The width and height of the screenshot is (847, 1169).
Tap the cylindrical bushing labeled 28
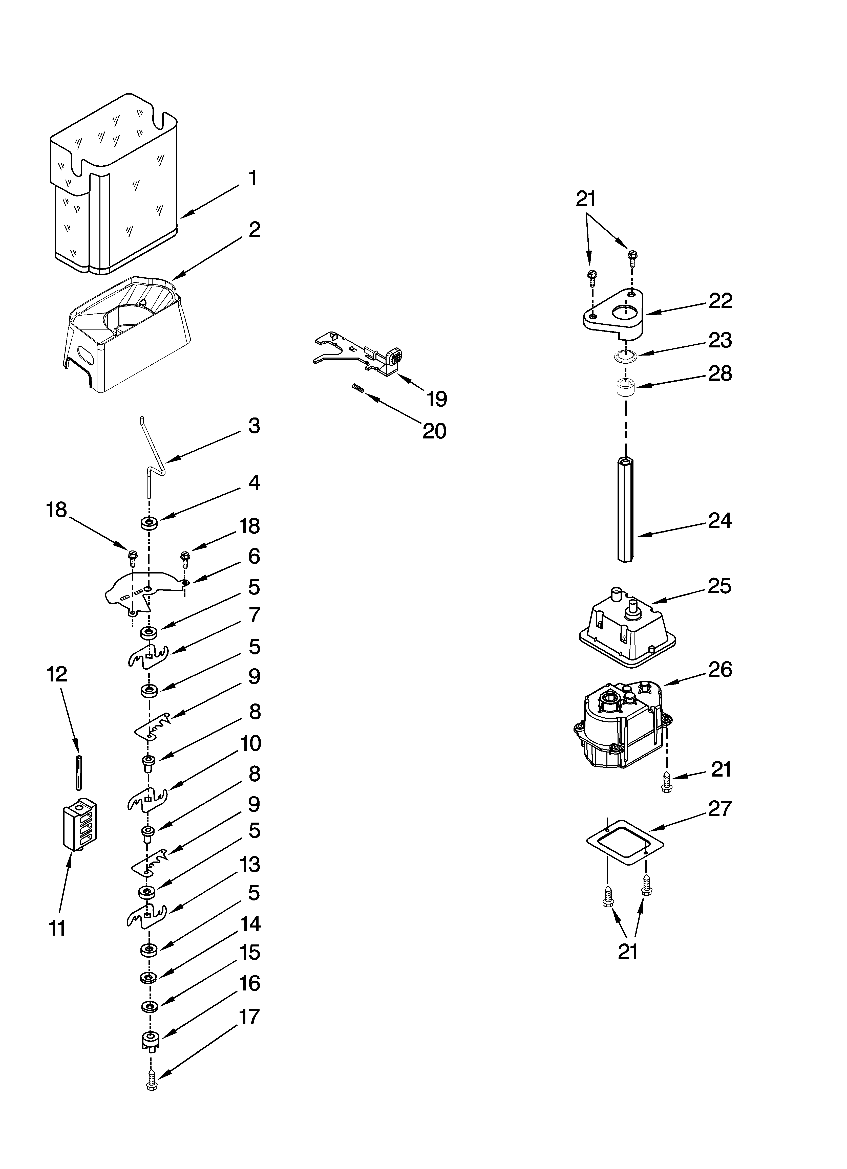625,387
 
